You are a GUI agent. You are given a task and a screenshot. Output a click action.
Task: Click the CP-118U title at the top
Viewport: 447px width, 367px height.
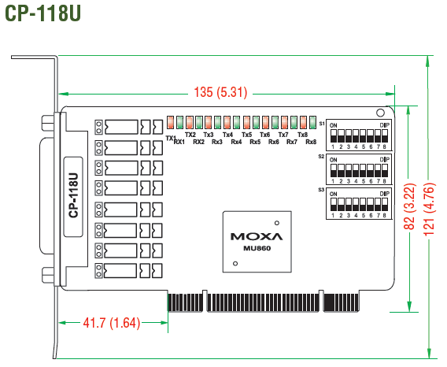[42, 13]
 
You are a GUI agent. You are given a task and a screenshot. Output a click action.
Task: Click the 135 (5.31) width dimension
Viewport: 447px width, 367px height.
[220, 92]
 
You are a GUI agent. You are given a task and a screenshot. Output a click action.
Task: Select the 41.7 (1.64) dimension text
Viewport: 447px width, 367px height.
[112, 323]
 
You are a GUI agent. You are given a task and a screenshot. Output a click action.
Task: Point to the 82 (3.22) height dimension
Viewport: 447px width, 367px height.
[410, 206]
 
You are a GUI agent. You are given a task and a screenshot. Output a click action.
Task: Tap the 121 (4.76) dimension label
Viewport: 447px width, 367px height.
[430, 209]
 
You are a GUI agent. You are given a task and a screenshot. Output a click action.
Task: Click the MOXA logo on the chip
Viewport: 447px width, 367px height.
[257, 236]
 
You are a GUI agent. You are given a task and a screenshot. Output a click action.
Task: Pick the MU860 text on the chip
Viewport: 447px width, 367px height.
[257, 248]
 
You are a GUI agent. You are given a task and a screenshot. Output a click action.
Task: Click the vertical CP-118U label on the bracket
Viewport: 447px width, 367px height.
[73, 195]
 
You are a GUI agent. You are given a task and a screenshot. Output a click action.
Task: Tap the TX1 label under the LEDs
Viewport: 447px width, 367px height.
[171, 138]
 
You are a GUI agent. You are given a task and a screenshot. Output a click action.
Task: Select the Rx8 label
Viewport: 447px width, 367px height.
[311, 142]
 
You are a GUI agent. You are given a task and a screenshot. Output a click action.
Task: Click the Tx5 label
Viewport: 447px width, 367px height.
[247, 135]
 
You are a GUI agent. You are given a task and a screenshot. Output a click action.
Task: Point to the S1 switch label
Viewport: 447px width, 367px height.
[322, 124]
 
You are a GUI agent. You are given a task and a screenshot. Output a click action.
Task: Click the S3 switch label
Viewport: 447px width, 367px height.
[321, 190]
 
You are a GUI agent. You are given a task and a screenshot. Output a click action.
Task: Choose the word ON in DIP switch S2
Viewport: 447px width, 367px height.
[333, 160]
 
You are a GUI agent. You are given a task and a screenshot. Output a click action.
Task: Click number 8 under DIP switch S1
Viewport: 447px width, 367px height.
[384, 147]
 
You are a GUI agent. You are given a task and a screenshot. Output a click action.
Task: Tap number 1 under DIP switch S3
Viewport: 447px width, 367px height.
[333, 216]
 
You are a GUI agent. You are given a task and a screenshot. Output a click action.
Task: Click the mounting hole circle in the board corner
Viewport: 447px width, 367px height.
[380, 113]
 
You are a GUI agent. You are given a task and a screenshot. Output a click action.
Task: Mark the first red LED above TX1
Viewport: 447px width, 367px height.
[171, 122]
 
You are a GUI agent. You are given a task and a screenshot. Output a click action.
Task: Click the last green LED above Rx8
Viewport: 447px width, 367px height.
[312, 122]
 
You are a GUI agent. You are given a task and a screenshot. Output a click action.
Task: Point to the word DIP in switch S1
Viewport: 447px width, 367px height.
[384, 125]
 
